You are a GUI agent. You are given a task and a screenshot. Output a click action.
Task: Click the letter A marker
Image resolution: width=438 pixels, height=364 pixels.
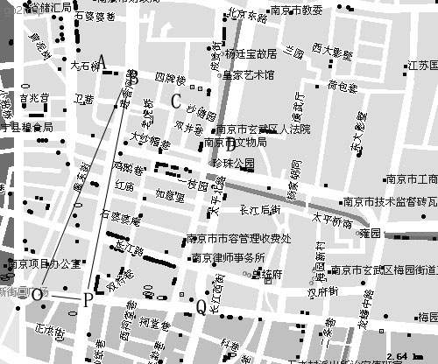(x=101, y=62)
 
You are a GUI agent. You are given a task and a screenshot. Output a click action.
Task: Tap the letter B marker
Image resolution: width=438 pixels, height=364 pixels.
(x=134, y=79)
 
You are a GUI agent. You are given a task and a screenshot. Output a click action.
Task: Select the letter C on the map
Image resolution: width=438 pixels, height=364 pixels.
(x=176, y=101)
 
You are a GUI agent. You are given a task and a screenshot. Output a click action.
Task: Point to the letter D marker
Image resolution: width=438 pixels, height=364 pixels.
(x=230, y=146)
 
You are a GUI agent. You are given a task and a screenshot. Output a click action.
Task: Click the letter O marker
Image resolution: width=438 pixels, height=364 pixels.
(x=37, y=296)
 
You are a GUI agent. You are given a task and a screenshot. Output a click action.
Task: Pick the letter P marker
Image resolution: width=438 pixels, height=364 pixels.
(x=88, y=301)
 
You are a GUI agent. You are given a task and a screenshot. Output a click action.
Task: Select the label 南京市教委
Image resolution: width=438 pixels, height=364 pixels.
(x=297, y=10)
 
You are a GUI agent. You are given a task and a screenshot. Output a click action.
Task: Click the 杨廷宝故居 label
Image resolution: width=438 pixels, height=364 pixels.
(x=251, y=53)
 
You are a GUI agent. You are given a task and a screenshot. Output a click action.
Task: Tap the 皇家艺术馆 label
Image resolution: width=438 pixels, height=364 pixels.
(x=249, y=75)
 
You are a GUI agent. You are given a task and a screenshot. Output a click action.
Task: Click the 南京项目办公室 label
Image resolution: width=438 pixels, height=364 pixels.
(x=44, y=263)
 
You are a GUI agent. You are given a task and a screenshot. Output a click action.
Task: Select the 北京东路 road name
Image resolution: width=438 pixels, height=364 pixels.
(x=245, y=15)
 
